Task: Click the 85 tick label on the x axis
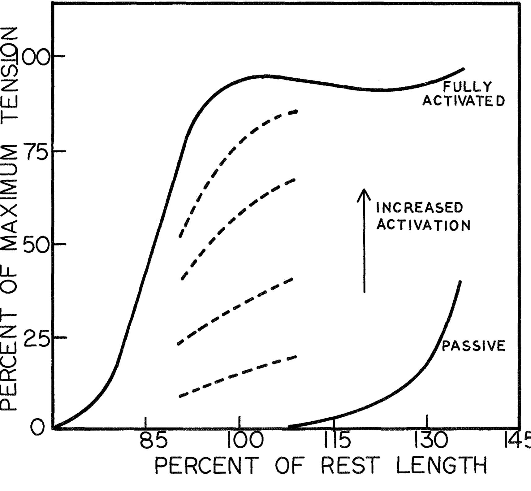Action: tap(153, 441)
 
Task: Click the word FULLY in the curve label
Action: tap(467, 87)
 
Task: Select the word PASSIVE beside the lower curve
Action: tap(473, 346)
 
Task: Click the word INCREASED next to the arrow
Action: tap(419, 208)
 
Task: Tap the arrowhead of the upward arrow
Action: tap(364, 192)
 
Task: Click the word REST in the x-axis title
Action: tap(350, 465)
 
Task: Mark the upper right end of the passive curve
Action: tap(460, 282)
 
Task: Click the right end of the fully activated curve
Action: tap(463, 69)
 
